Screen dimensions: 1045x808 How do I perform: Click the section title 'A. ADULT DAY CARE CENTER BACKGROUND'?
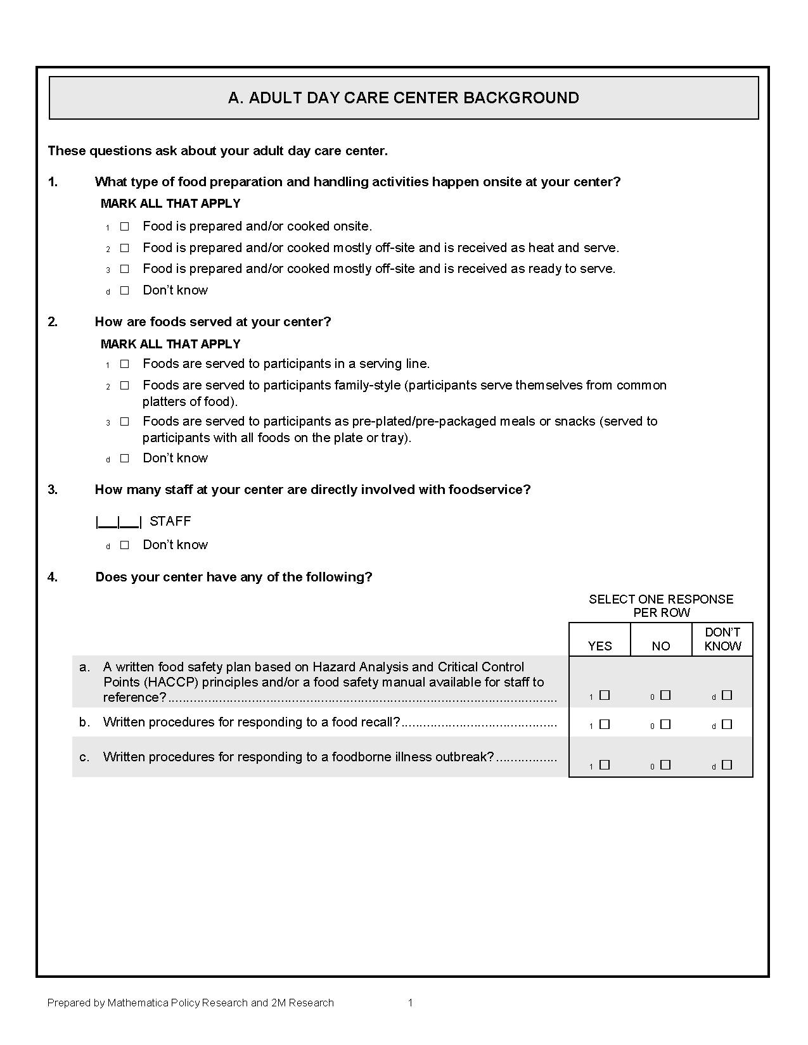[x=403, y=98]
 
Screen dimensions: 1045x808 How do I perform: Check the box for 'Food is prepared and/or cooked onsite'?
[x=125, y=226]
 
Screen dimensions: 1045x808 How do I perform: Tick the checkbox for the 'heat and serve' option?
[x=125, y=248]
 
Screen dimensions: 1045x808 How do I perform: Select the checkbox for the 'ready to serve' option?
[x=125, y=269]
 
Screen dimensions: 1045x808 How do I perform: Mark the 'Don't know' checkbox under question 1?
[x=125, y=290]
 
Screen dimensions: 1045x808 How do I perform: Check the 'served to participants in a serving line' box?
[x=125, y=364]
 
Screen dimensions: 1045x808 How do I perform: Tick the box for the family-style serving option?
[x=125, y=385]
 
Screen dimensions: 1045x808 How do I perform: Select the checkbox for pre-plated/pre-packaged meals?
[x=125, y=421]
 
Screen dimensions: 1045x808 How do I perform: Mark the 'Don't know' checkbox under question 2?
[x=125, y=458]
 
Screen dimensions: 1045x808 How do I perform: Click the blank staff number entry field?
[x=119, y=522]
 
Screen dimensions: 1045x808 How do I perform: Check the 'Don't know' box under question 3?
[x=125, y=545]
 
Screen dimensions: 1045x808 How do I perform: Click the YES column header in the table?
[x=600, y=646]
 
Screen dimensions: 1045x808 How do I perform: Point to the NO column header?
[x=661, y=646]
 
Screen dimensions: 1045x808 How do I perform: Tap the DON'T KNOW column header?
[x=722, y=639]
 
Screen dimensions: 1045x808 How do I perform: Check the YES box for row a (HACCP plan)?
[x=605, y=695]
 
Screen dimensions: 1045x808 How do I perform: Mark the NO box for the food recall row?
[x=665, y=725]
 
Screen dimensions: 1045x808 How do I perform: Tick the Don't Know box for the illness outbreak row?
[x=727, y=765]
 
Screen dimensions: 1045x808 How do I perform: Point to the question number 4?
[x=53, y=577]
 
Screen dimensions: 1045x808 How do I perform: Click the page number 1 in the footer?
[x=411, y=1003]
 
